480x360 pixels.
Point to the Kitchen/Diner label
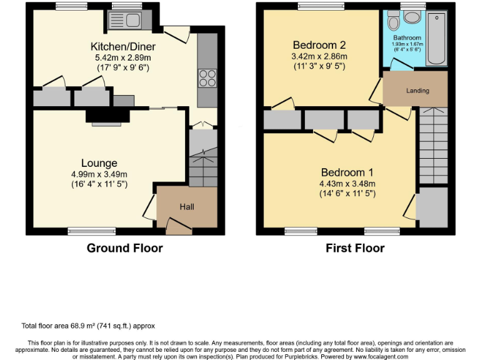coord(123,47)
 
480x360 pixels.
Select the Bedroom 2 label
coord(319,45)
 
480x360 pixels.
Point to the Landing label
coord(417,91)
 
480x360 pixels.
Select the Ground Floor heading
coord(124,248)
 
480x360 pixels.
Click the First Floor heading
coord(355,248)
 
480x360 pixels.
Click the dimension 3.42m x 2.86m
coord(319,56)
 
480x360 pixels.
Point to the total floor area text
coord(88,326)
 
